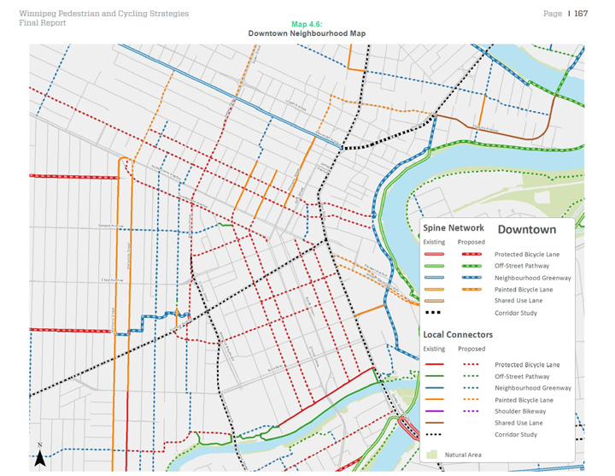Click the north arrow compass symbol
coord(39,457)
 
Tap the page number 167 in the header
coord(580,14)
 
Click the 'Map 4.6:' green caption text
coord(307,25)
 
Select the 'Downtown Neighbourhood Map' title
coord(307,33)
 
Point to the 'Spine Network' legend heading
coord(454,228)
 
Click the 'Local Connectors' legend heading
coord(458,334)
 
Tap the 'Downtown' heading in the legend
coord(526,229)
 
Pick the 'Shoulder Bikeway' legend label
coord(518,411)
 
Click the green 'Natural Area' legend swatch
coord(433,455)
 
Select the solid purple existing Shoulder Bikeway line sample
coord(434,411)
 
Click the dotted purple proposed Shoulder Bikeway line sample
coord(471,411)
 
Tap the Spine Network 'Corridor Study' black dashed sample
coord(434,313)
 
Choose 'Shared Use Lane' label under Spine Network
coord(518,301)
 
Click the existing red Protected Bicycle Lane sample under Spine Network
coord(434,254)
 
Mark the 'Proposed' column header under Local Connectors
coord(471,349)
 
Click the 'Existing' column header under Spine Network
coord(434,242)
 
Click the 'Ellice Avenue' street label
coord(112,279)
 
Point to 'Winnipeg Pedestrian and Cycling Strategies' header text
coord(103,14)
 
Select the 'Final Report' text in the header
coord(42,23)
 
